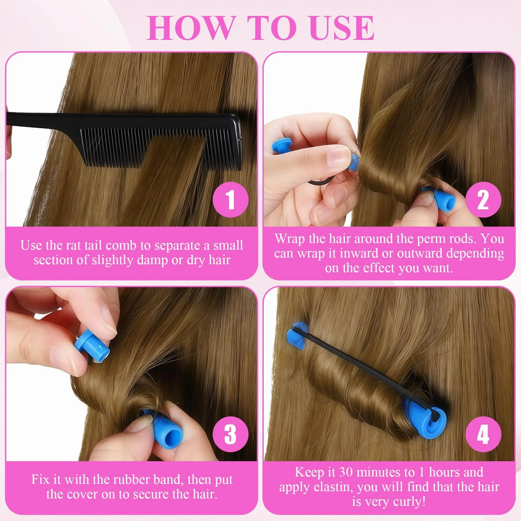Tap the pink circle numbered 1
(x=231, y=199)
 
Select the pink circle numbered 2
(x=483, y=199)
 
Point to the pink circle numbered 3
(x=231, y=434)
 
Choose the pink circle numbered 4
(x=483, y=434)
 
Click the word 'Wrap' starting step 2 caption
(x=290, y=239)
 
